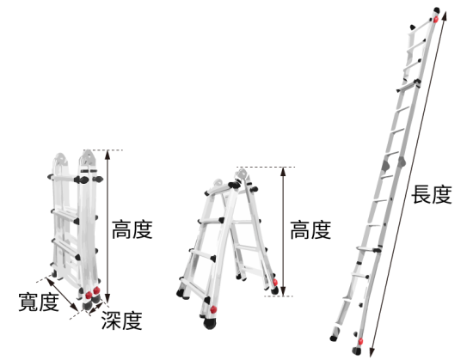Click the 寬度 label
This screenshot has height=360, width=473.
(39, 302)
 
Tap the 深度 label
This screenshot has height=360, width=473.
(121, 320)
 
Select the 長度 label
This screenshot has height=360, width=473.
(432, 194)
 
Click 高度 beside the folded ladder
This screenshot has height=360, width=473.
(132, 230)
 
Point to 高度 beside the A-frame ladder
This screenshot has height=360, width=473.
(310, 230)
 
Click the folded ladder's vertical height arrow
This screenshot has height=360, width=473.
(107, 227)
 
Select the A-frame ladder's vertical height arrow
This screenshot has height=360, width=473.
(283, 231)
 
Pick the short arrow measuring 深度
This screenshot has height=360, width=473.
(96, 308)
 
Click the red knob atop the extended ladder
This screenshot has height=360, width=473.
(436, 20)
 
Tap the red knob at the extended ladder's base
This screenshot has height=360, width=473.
(360, 342)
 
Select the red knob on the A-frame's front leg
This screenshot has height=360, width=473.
(213, 309)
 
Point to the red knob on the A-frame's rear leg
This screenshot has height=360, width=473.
(275, 282)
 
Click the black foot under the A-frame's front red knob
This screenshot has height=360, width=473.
(210, 323)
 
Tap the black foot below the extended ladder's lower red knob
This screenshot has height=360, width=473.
(357, 351)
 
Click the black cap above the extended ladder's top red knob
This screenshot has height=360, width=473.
(437, 10)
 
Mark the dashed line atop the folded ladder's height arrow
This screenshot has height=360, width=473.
(103, 149)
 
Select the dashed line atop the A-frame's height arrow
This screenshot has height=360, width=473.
(266, 167)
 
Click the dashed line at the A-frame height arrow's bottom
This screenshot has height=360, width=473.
(279, 296)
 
